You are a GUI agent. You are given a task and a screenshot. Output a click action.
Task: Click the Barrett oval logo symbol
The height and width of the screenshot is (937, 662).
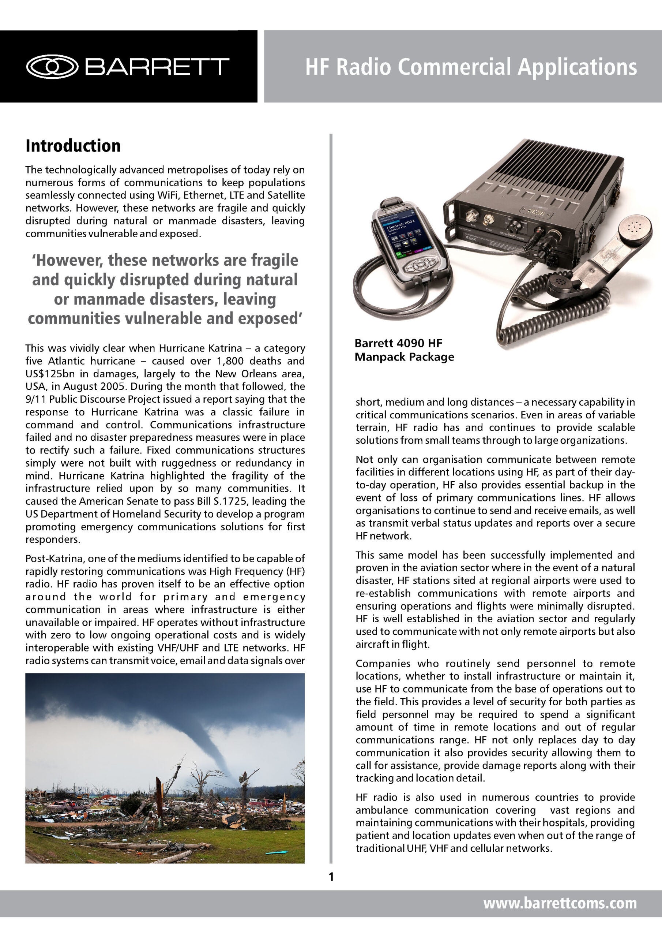point(52,66)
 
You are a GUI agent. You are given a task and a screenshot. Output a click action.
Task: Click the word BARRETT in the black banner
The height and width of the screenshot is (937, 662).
point(157,67)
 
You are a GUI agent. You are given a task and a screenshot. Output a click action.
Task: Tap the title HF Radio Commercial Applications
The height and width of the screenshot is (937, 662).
point(471,67)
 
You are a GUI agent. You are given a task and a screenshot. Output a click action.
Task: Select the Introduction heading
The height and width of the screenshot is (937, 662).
point(73,146)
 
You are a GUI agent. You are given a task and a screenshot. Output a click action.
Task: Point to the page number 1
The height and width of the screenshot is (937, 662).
point(331,877)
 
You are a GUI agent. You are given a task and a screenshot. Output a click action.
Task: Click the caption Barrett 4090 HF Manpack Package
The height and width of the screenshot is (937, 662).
point(404,350)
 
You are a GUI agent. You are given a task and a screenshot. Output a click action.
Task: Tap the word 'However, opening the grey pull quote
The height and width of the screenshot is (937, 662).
point(68,260)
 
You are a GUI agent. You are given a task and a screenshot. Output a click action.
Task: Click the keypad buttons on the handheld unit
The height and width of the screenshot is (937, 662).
point(420,265)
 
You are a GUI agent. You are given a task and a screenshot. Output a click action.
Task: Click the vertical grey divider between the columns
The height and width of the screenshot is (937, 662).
point(331,490)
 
